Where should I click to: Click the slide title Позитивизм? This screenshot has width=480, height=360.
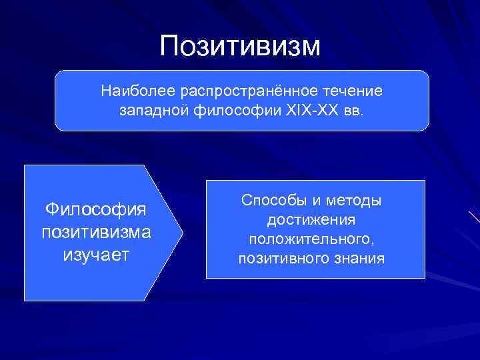click(240, 45)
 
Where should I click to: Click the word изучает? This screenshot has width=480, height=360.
click(95, 255)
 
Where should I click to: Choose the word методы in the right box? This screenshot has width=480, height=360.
click(358, 200)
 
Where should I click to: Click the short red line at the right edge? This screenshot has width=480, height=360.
click(474, 217)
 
